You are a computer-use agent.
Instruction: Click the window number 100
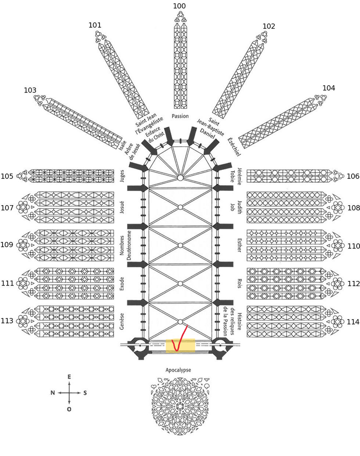point(179,6)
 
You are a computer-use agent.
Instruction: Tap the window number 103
point(30,90)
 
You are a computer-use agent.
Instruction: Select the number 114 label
point(353,322)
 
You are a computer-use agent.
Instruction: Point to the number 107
point(7,208)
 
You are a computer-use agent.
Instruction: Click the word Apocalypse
point(178,370)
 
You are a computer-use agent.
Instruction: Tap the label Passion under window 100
point(180,116)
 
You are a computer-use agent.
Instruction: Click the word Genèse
point(122,321)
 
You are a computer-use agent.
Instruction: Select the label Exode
point(122,284)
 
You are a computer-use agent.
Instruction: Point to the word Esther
point(239,245)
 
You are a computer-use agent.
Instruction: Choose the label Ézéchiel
point(234,147)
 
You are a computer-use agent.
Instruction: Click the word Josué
point(122,207)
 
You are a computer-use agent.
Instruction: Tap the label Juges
point(122,176)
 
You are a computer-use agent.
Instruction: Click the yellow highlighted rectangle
point(180,345)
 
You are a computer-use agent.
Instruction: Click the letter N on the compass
point(53,392)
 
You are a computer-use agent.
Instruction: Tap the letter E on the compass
point(69,377)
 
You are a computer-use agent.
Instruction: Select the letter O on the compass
point(69,409)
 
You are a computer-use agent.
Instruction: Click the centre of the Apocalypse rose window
point(180,406)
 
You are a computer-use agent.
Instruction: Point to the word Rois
point(239,283)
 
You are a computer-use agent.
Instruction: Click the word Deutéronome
point(129,245)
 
